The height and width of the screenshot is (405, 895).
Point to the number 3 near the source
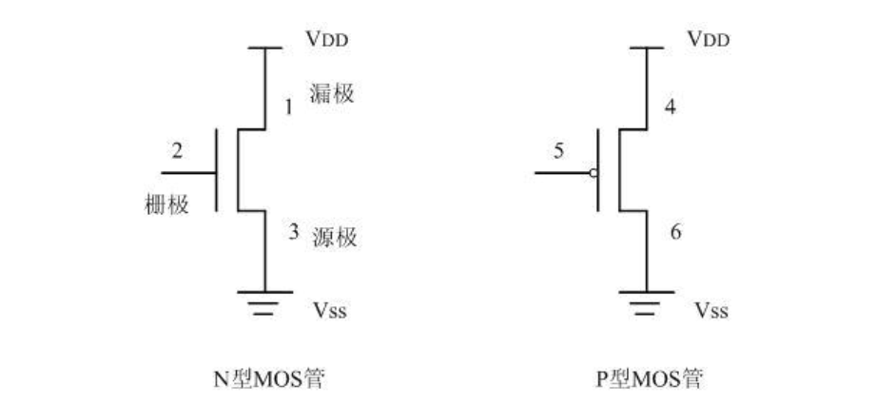[294, 231]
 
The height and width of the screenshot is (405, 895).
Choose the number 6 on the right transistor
[675, 232]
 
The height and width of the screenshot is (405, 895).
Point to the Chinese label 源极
[335, 237]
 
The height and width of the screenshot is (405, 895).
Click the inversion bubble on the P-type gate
[593, 173]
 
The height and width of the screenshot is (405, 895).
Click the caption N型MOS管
[273, 378]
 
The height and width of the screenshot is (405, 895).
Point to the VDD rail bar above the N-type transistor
[264, 48]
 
